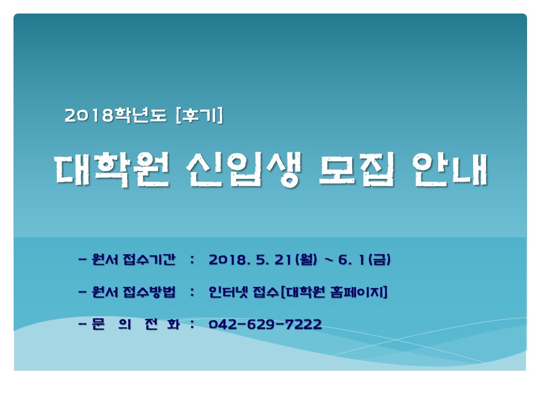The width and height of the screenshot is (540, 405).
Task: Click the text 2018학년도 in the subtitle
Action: [x=115, y=115]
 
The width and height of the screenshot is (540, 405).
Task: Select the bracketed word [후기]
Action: [x=199, y=115]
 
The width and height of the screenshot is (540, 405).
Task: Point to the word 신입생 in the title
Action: [x=244, y=170]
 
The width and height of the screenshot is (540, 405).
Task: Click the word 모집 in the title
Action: [x=357, y=170]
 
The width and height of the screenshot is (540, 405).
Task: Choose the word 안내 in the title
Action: [x=450, y=170]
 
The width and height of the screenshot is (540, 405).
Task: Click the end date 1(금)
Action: [x=375, y=260]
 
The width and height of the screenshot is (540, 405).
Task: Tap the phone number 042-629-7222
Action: [x=265, y=324]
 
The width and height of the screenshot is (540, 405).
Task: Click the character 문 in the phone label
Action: [x=98, y=324]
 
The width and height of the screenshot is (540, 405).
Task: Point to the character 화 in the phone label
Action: [x=173, y=324]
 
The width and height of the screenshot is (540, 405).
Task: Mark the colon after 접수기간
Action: [x=192, y=260]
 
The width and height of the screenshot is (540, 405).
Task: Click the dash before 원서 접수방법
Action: [x=82, y=292]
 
